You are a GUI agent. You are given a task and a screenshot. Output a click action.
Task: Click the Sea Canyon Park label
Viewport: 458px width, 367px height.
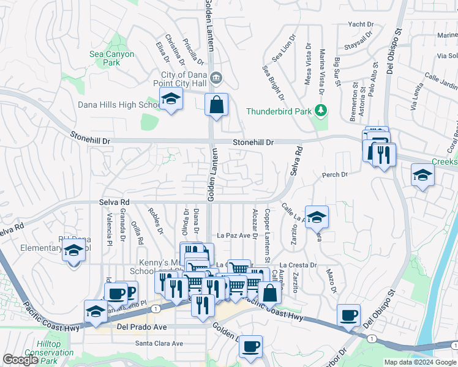click(x=111, y=58)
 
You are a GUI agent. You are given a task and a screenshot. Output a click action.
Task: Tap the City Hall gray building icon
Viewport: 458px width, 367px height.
click(x=216, y=78)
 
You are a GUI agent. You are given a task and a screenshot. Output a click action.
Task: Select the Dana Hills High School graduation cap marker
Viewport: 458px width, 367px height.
click(x=171, y=99)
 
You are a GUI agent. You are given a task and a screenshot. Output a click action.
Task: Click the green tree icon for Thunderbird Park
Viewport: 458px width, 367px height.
click(x=321, y=111)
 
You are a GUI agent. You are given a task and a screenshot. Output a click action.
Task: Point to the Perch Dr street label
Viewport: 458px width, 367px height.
click(x=335, y=175)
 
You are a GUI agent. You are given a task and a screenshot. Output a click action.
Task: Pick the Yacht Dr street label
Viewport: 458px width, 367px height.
click(x=360, y=24)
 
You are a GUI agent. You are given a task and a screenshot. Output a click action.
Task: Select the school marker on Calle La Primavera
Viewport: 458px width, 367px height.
click(x=317, y=217)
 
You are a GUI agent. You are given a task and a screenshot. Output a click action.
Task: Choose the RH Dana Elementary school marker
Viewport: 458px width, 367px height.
click(x=74, y=251)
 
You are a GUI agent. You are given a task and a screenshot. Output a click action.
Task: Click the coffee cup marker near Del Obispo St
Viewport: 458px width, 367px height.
click(x=349, y=316)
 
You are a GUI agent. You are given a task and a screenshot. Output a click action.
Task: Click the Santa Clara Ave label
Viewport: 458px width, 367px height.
click(x=159, y=343)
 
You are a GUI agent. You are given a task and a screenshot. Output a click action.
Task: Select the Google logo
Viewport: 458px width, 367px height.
click(x=20, y=360)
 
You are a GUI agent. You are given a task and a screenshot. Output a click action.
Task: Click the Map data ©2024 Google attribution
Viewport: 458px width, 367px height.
click(x=419, y=362)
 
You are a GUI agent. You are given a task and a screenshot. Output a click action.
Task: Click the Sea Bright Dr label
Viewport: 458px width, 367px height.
click(x=274, y=83)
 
